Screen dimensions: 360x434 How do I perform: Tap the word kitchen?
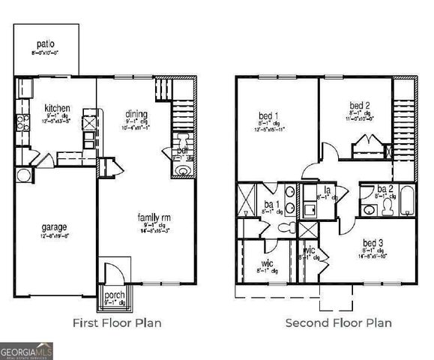[x=57, y=107]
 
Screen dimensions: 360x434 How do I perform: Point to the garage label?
[x=55, y=226]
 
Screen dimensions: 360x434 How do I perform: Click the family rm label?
[x=151, y=217]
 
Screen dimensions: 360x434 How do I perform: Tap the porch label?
[x=114, y=294]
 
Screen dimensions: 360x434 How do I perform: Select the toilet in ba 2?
[x=387, y=206]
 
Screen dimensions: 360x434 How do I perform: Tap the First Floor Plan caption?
[x=116, y=323]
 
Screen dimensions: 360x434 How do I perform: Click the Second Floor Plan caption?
[x=338, y=323]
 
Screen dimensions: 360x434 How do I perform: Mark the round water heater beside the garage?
[x=24, y=175]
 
